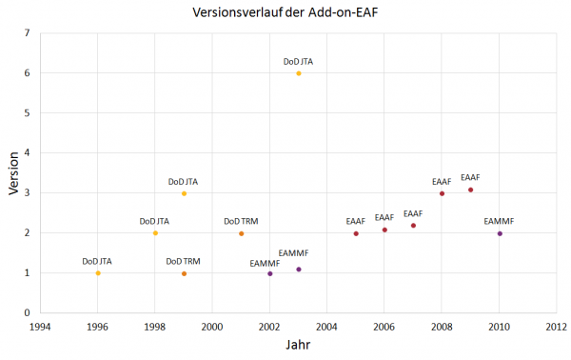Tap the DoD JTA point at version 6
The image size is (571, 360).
point(299,73)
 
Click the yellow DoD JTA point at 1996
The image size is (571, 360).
point(97,273)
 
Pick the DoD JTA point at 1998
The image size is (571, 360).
point(155,233)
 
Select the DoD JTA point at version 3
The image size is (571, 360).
point(184,193)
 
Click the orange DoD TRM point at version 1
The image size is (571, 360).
point(184,273)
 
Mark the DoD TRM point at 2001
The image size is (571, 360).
point(242,233)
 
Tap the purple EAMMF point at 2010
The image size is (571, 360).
point(500,233)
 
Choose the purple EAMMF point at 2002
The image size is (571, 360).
point(270,273)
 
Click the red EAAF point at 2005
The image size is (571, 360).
point(356,233)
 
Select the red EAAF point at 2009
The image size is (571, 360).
point(471,190)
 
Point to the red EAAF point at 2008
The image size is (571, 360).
point(443,193)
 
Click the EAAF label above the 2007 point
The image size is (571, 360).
point(413,213)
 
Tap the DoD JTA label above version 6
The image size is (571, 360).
point(299,61)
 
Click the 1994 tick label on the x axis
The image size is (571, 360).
point(40,325)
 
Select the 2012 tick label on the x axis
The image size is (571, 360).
point(557,325)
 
